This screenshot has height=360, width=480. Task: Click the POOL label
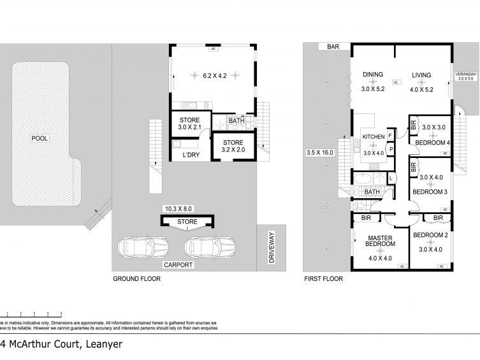pyautogui.click(x=40, y=138)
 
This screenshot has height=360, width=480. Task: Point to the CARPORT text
pyautogui.click(x=178, y=264)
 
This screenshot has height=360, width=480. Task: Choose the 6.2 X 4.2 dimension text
pyautogui.click(x=215, y=76)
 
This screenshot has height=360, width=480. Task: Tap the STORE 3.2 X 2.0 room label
pyautogui.click(x=233, y=146)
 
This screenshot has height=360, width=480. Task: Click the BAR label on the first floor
pyautogui.click(x=332, y=47)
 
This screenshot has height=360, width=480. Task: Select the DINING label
pyautogui.click(x=373, y=75)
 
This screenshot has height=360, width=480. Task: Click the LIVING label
pyautogui.click(x=421, y=75)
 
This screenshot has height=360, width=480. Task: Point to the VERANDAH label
pyautogui.click(x=464, y=75)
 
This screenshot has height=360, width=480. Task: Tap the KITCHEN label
pyautogui.click(x=374, y=137)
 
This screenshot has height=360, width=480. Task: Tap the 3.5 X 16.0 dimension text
pyautogui.click(x=319, y=153)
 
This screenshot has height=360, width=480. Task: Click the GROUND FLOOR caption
pyautogui.click(x=136, y=279)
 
